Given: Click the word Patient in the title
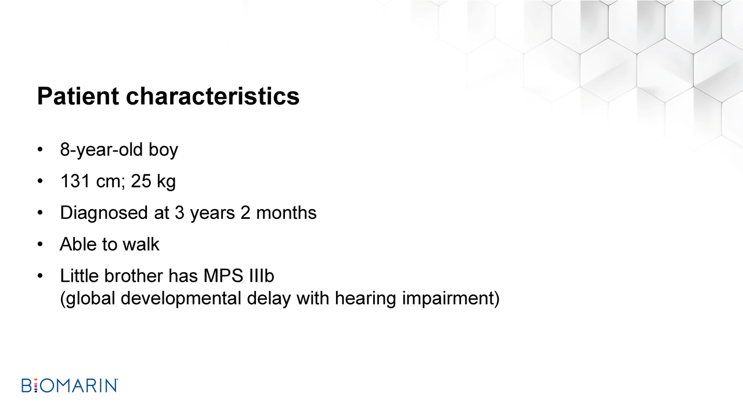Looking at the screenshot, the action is point(78,96).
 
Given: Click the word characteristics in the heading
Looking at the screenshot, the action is point(212,96).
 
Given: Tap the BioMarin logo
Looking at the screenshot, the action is point(70,385).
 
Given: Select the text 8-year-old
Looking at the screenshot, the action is point(102,150).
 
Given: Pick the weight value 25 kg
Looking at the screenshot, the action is point(153,182).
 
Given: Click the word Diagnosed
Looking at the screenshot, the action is point(104,213).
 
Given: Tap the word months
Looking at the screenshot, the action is point(286,212).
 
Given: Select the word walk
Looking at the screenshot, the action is point(141,244).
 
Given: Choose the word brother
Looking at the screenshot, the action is point(134,276).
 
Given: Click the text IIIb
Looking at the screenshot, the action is point(261,276).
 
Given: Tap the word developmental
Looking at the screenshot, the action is point(181,298).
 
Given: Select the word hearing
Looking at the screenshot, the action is point(366,298).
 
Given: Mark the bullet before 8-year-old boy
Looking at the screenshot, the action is point(40,150).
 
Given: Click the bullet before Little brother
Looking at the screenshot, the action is point(40,276).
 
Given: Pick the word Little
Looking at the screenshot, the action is point(80,276).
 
